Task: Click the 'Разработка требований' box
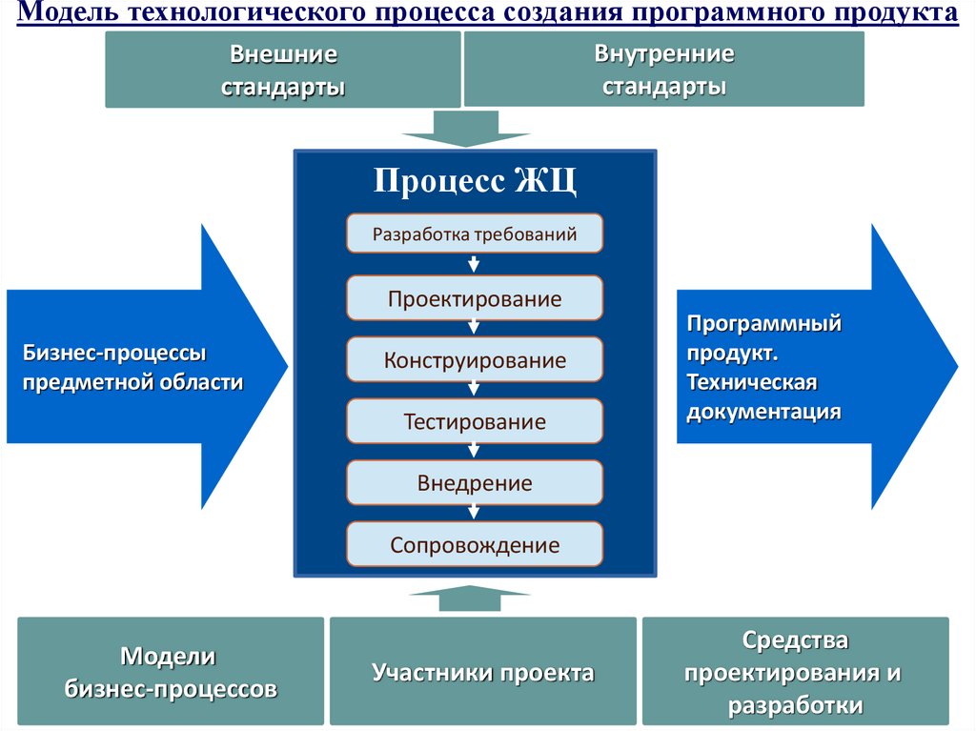tap(475, 234)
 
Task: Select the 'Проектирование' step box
tap(475, 298)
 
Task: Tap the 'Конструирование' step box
tap(475, 360)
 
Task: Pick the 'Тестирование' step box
tap(475, 421)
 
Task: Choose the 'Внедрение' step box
tap(475, 483)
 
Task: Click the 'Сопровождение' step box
tap(475, 545)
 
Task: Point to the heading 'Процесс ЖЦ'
tap(475, 180)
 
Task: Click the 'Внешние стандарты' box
tap(282, 70)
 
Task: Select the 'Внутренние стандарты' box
tap(663, 70)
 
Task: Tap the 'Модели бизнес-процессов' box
tap(171, 672)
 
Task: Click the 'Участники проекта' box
tap(482, 672)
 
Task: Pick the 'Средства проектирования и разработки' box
tap(795, 672)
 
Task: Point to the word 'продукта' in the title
tap(904, 13)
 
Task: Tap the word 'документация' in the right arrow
tap(763, 412)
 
